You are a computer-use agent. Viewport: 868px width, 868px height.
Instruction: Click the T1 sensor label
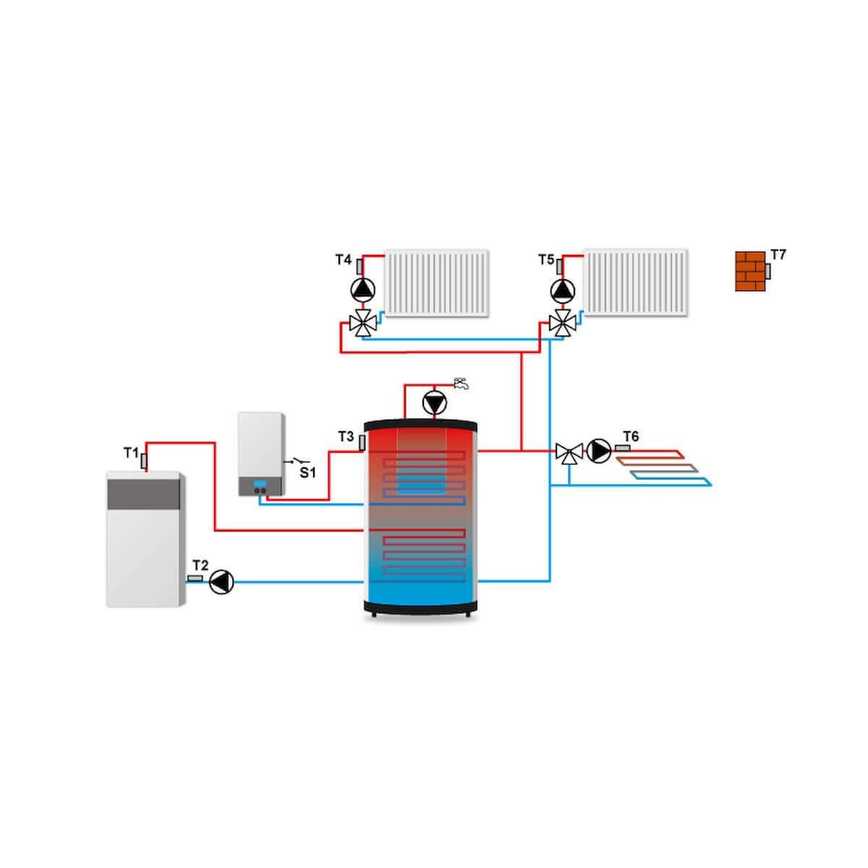click(x=130, y=453)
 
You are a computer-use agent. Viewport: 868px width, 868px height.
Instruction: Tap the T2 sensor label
click(x=200, y=565)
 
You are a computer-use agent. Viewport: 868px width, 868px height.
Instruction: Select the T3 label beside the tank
click(x=346, y=436)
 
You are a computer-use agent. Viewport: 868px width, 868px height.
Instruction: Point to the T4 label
click(x=343, y=259)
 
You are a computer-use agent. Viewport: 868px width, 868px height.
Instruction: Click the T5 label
click(x=546, y=259)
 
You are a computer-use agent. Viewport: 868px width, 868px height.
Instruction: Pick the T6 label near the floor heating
click(x=631, y=435)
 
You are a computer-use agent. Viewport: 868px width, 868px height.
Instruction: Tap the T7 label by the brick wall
click(x=778, y=255)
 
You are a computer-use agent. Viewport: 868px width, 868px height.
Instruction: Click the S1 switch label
click(x=309, y=473)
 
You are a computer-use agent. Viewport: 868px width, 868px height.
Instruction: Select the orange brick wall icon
click(x=750, y=271)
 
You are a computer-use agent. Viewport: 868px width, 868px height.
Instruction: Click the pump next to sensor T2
click(x=221, y=582)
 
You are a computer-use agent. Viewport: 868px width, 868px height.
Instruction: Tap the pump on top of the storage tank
click(x=434, y=403)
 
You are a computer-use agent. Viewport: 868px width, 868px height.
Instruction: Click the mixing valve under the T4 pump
click(x=363, y=323)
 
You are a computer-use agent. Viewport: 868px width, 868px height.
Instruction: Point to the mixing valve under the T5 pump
click(x=562, y=323)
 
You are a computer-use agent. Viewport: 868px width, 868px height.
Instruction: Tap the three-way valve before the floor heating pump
click(x=569, y=454)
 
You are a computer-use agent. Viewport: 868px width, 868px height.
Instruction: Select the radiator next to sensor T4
click(x=438, y=283)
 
